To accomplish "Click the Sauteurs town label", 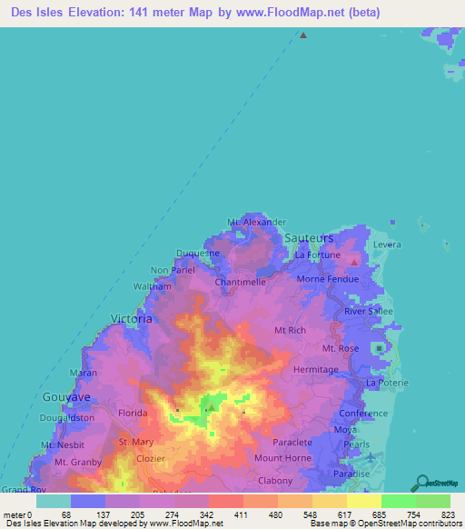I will point(309,236).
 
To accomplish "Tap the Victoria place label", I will point(131,318).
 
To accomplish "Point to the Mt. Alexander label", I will point(257,222).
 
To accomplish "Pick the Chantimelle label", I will point(240,283).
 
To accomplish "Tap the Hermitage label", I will point(315,370).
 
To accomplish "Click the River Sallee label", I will point(366,312).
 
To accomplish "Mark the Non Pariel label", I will point(173,270).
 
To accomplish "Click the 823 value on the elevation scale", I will point(447,514).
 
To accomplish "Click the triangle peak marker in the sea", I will point(303,36).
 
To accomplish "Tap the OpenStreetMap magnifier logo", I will point(420,481).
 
